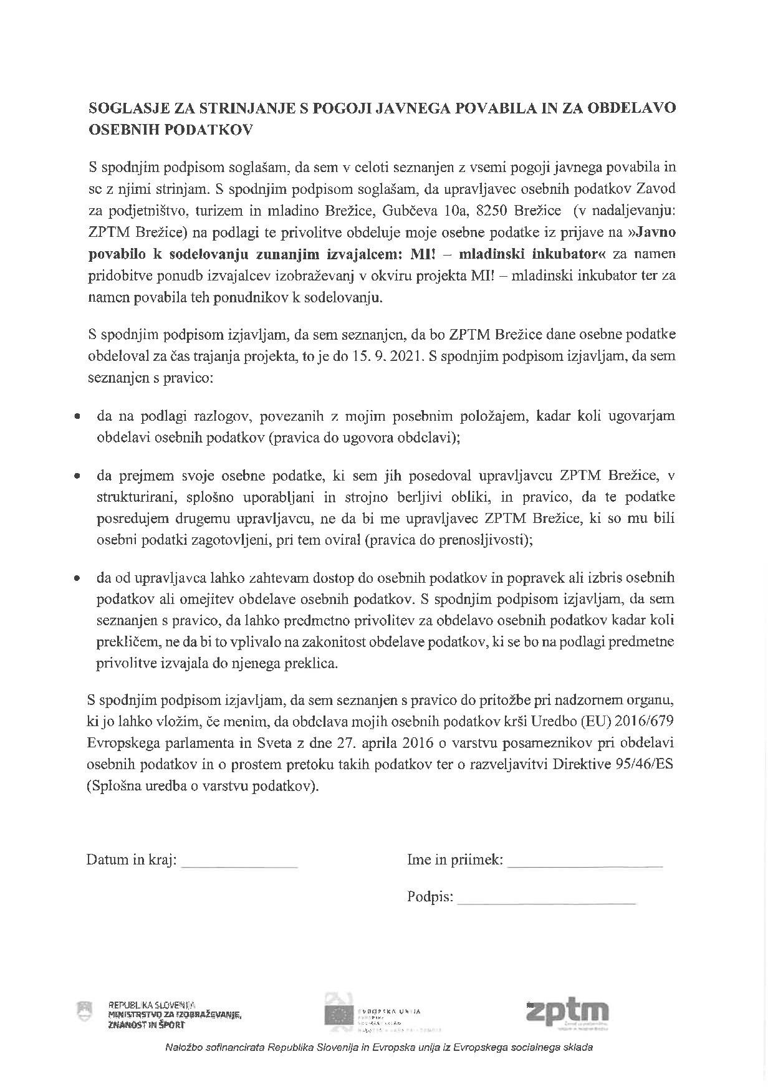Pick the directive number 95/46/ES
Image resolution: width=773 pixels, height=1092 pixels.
click(x=645, y=765)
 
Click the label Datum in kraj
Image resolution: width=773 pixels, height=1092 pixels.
click(x=131, y=860)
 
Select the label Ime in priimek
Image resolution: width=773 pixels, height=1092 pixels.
click(x=454, y=860)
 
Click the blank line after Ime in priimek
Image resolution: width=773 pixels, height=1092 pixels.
click(x=585, y=865)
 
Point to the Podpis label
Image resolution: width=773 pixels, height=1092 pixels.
click(x=430, y=897)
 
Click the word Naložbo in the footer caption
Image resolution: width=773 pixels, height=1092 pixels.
click(x=183, y=1048)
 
